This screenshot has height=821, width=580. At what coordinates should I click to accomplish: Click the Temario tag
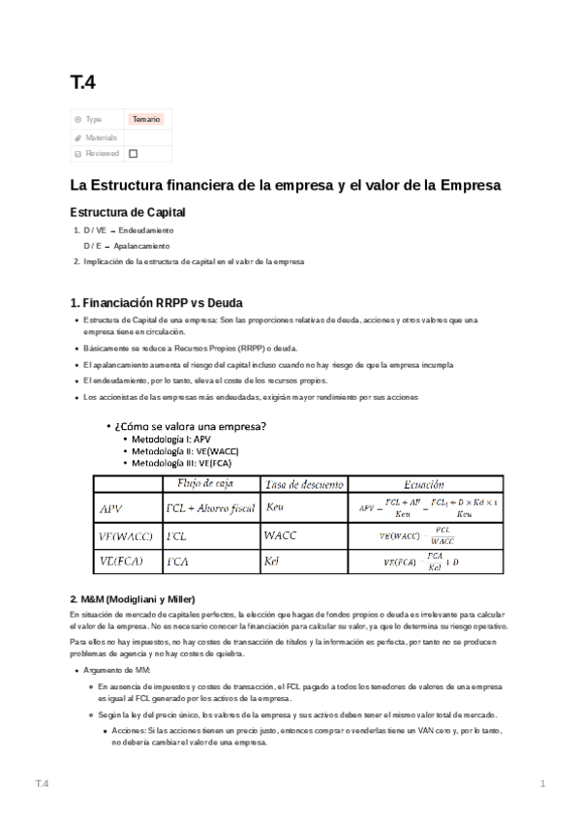146,119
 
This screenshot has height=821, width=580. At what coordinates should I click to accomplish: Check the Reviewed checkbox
134,153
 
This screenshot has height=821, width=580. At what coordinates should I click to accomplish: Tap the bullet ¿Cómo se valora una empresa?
190,426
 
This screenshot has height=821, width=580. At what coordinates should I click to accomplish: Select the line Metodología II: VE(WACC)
185,451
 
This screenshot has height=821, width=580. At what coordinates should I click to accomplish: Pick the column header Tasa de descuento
300,483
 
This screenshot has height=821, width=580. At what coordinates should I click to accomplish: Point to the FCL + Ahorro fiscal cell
208,506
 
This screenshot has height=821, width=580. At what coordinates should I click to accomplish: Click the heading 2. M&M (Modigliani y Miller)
138,598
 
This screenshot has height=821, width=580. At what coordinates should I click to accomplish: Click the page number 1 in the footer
543,782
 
